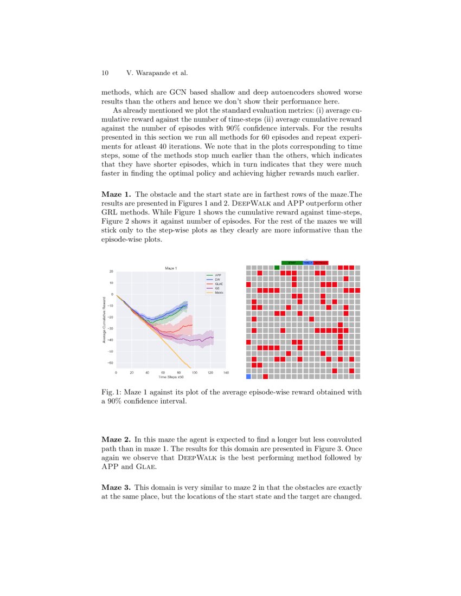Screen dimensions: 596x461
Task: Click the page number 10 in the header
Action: (x=105, y=73)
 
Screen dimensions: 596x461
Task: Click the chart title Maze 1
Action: (x=171, y=268)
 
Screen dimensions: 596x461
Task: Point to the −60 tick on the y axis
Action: (x=111, y=363)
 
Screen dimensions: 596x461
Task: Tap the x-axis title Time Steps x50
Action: (x=171, y=377)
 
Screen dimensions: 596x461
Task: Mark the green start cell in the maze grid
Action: (x=277, y=267)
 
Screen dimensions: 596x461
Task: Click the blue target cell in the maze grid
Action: (x=248, y=376)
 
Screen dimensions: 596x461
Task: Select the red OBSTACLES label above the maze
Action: (x=321, y=262)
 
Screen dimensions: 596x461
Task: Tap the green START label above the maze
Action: (x=292, y=262)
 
